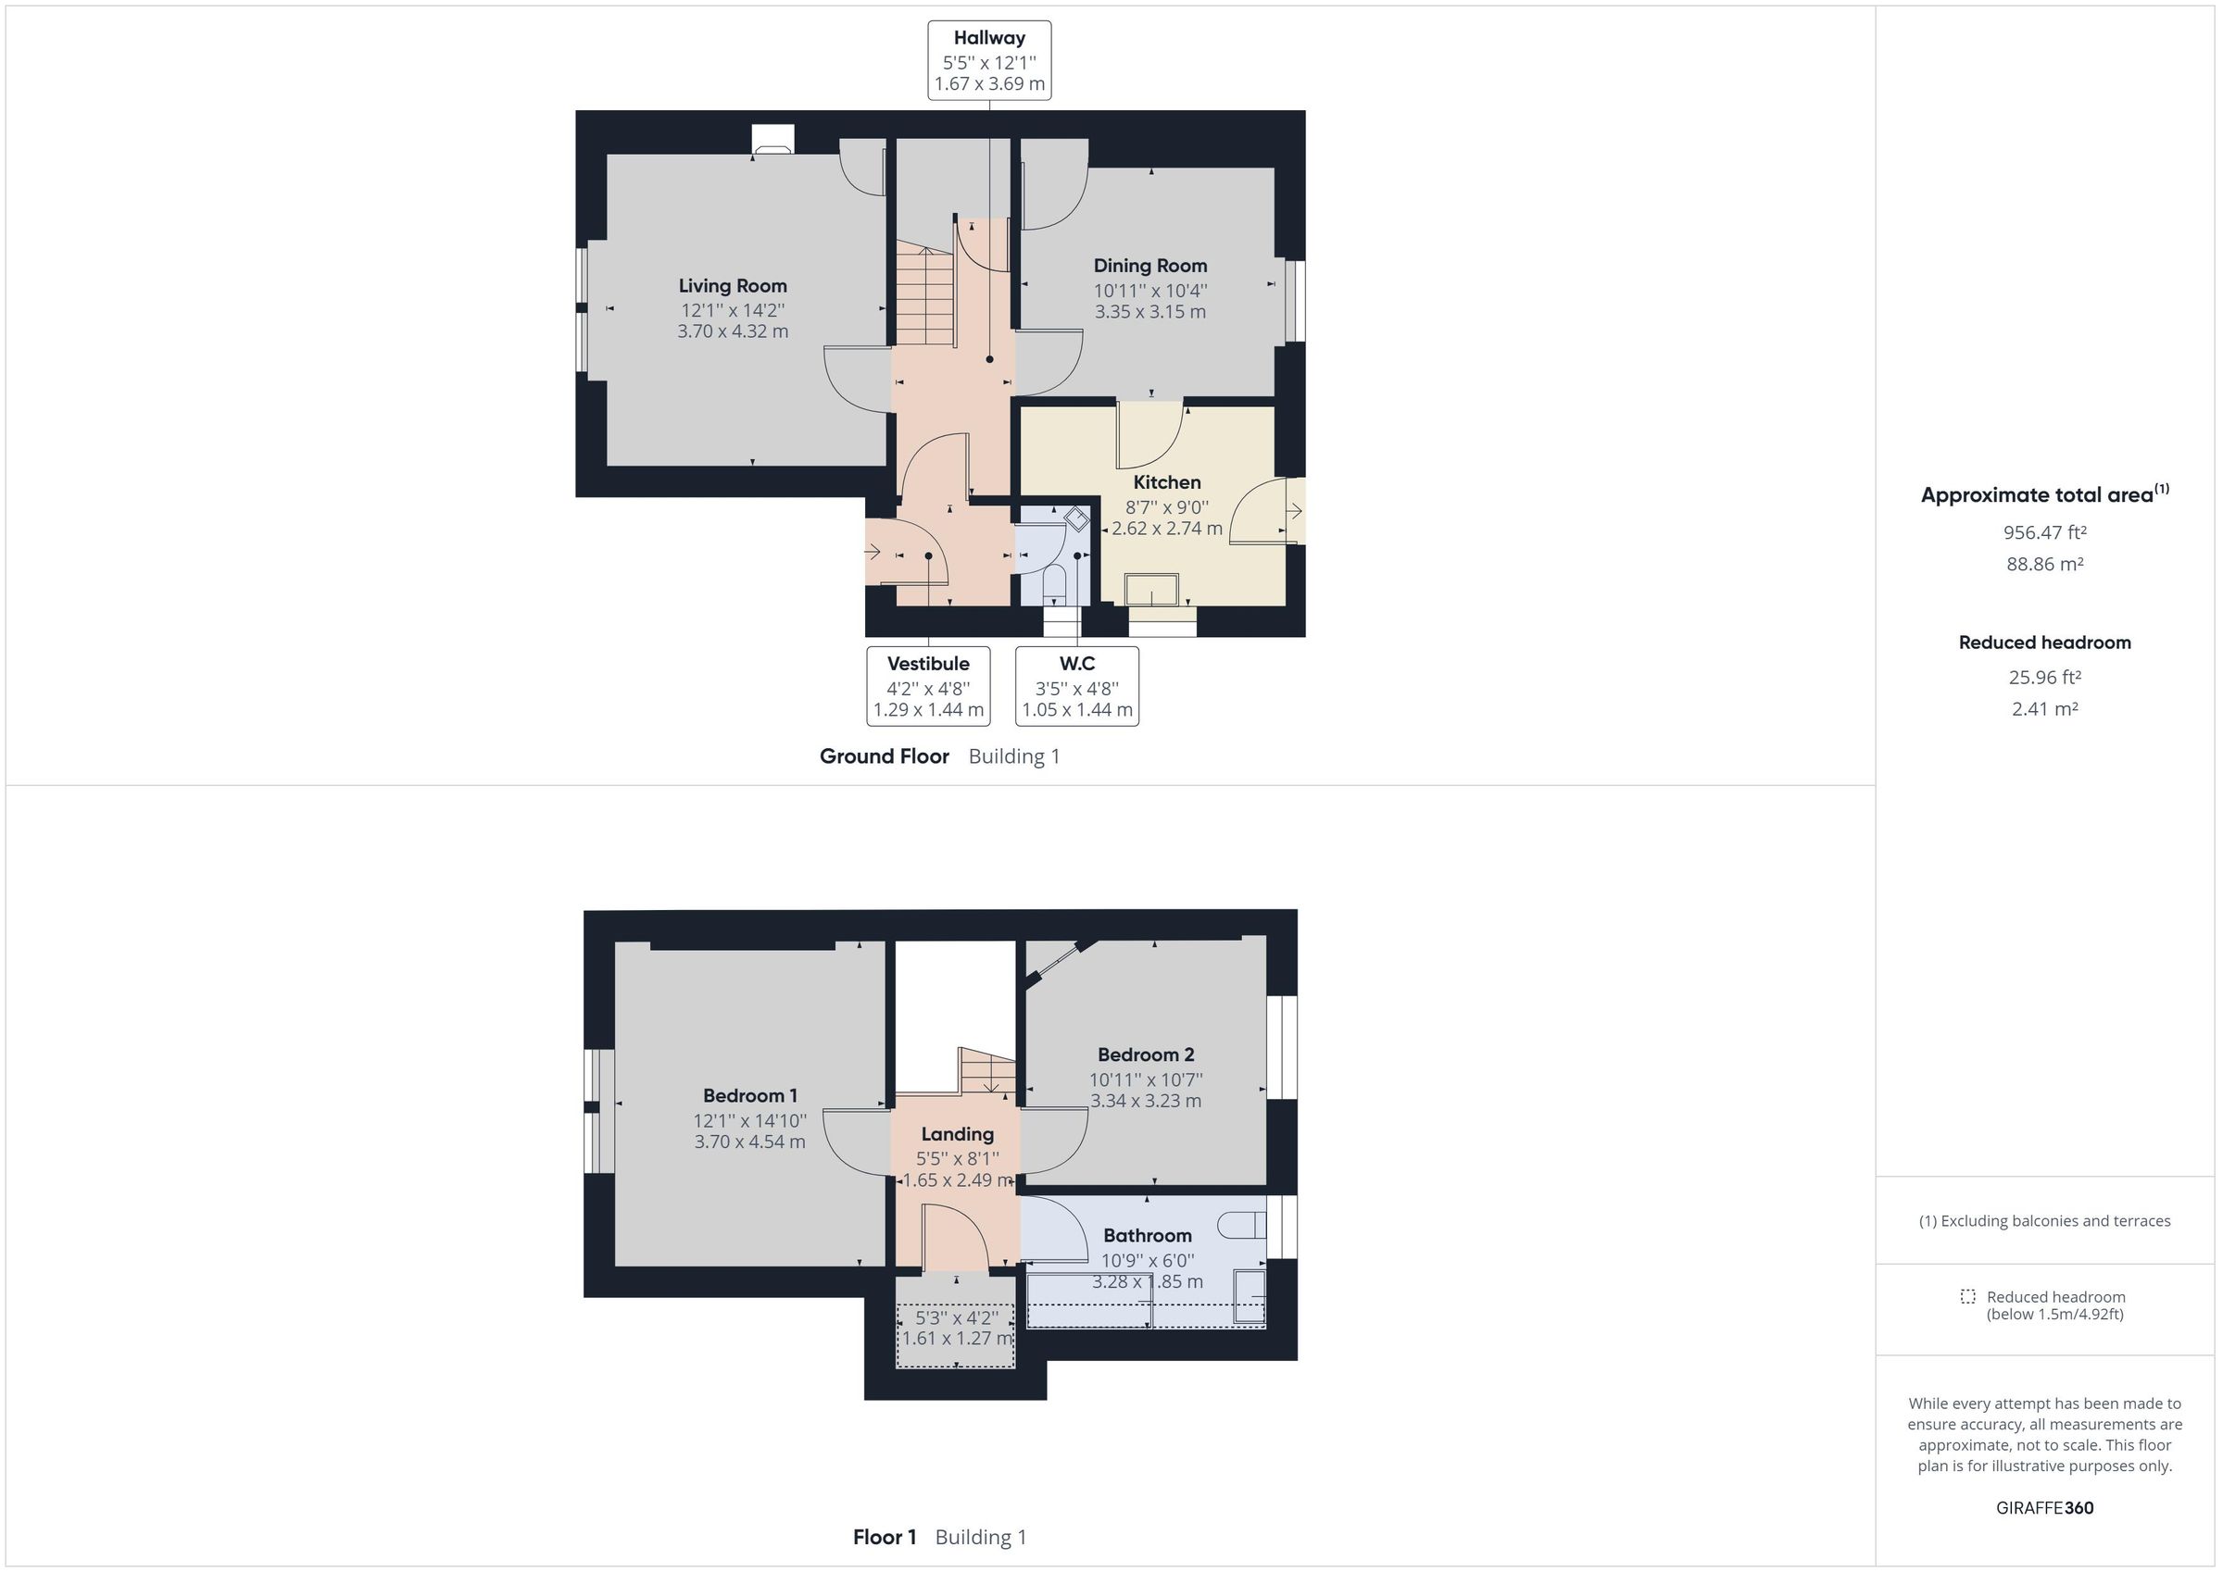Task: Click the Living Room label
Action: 732,285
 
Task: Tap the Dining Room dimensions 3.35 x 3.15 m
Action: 1150,312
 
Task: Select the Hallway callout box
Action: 988,60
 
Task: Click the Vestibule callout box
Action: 927,685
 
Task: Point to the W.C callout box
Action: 1076,685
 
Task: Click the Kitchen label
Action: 1167,482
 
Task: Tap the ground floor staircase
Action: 924,295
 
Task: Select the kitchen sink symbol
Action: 1151,590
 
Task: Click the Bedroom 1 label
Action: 749,1095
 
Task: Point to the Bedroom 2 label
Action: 1146,1054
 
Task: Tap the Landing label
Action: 957,1133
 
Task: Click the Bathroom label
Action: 1148,1235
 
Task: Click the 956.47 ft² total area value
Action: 2044,532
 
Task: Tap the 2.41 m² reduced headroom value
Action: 2044,708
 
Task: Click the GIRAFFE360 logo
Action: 2044,1507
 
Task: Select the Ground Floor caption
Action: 884,756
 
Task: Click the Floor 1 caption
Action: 884,1537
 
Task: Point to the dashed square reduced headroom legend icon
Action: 1966,1296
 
